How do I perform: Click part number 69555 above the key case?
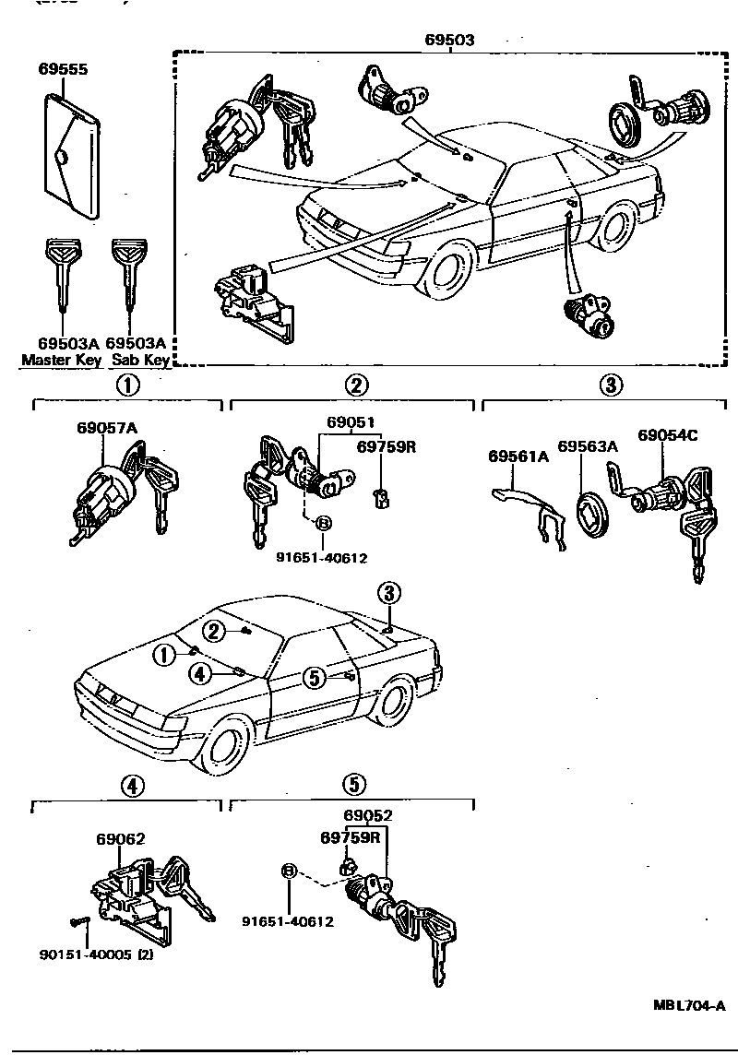click(64, 69)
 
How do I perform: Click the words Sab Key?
click(140, 360)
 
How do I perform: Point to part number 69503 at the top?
click(449, 40)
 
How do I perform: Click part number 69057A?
click(107, 428)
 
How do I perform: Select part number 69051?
click(350, 423)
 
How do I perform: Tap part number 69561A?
click(518, 456)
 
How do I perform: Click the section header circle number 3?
click(611, 385)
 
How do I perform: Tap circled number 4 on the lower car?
click(200, 674)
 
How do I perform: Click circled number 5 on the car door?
click(315, 678)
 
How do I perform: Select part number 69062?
click(120, 839)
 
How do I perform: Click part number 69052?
click(368, 816)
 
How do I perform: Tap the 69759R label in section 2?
click(387, 446)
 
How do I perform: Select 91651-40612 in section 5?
click(288, 920)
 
